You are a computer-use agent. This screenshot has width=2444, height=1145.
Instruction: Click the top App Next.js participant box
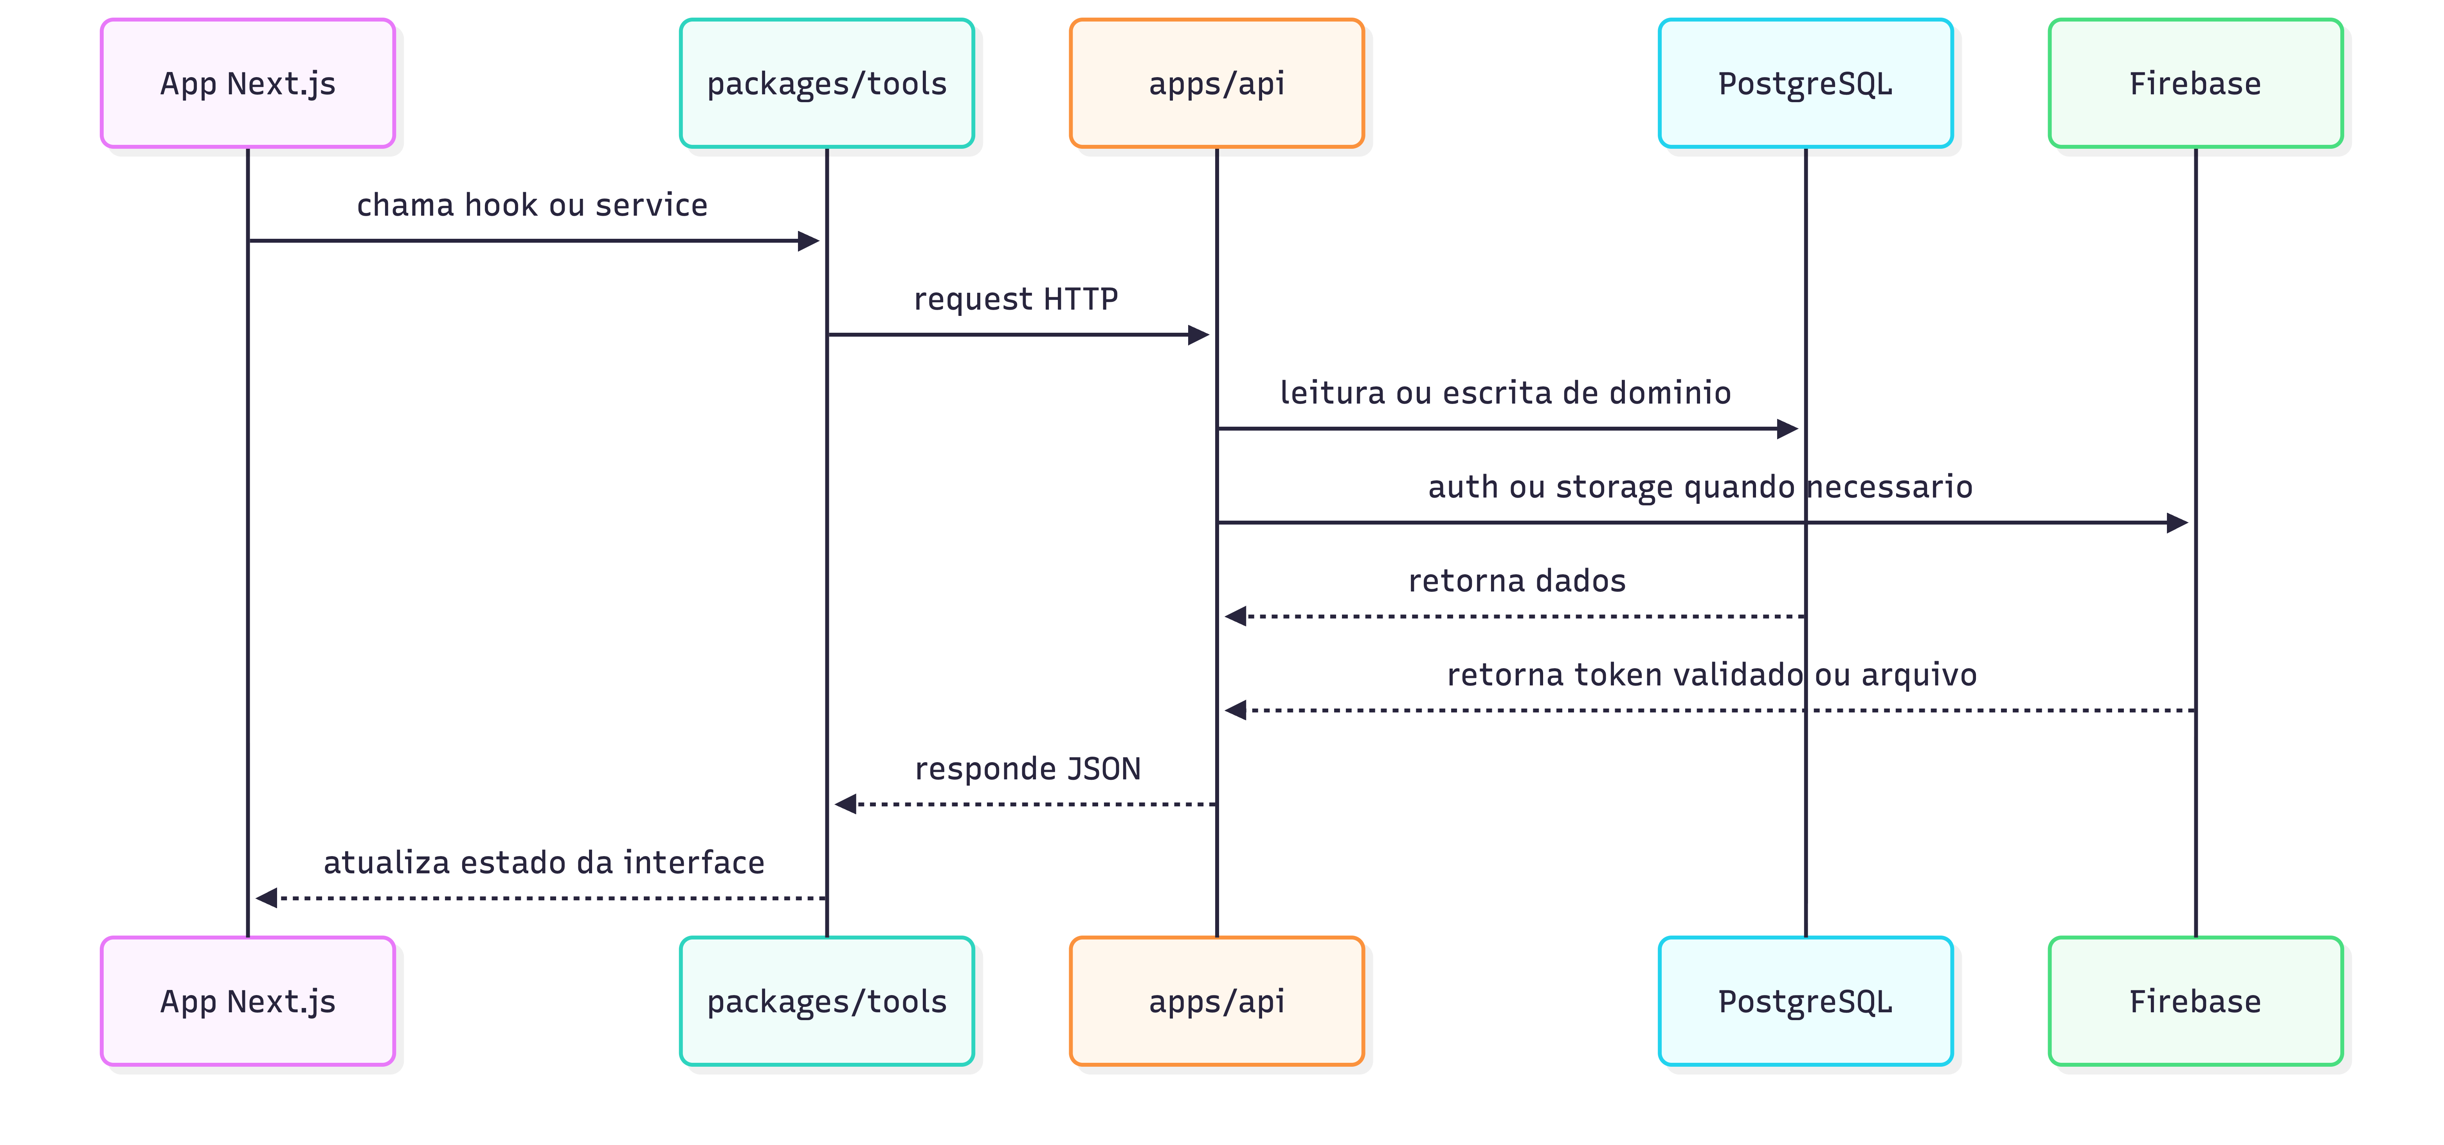coord(248,83)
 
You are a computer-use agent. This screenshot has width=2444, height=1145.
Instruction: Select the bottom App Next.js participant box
coord(248,1001)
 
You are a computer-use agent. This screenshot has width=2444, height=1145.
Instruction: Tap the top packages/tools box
coord(827,83)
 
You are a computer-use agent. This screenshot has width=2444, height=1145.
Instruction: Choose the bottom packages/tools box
coord(827,1001)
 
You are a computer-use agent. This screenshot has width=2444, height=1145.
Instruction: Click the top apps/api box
coord(1216,83)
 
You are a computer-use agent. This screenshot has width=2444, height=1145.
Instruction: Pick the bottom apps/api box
coord(1216,1001)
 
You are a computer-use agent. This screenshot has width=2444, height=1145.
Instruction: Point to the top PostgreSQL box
coord(1805,83)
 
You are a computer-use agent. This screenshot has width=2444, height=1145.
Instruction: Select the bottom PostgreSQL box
coord(1805,1001)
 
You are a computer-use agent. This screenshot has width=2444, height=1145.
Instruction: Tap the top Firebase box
coord(2194,83)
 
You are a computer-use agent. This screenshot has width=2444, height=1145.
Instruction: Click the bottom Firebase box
coord(2194,1001)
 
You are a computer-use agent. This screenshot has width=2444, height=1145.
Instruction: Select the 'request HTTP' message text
coord(1015,299)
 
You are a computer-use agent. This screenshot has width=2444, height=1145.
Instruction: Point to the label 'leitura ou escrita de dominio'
coord(1505,393)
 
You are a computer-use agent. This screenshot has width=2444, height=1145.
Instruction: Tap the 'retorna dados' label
coord(1516,581)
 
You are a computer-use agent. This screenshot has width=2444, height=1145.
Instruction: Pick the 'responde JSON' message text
coord(1028,768)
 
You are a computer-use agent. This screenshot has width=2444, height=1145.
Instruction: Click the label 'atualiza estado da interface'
coord(544,862)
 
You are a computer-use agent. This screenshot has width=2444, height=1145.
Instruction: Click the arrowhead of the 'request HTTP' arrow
coord(1198,335)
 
